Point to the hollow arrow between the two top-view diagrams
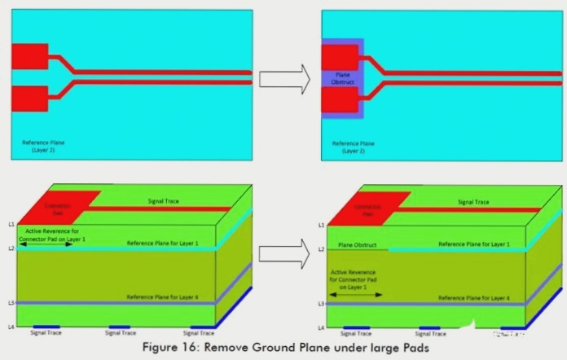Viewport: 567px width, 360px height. click(284, 79)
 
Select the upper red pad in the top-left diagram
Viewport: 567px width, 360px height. click(29, 56)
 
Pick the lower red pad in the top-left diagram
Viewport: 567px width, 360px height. click(29, 98)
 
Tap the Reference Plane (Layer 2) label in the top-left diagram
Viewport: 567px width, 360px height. click(43, 146)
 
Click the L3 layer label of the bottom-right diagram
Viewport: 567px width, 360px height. click(320, 303)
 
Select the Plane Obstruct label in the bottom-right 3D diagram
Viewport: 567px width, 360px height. click(356, 244)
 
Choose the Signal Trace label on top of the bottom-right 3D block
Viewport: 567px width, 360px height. click(472, 202)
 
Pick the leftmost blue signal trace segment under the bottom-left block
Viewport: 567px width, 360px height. click(46, 327)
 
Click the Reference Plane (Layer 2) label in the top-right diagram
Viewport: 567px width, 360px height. click(353, 147)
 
